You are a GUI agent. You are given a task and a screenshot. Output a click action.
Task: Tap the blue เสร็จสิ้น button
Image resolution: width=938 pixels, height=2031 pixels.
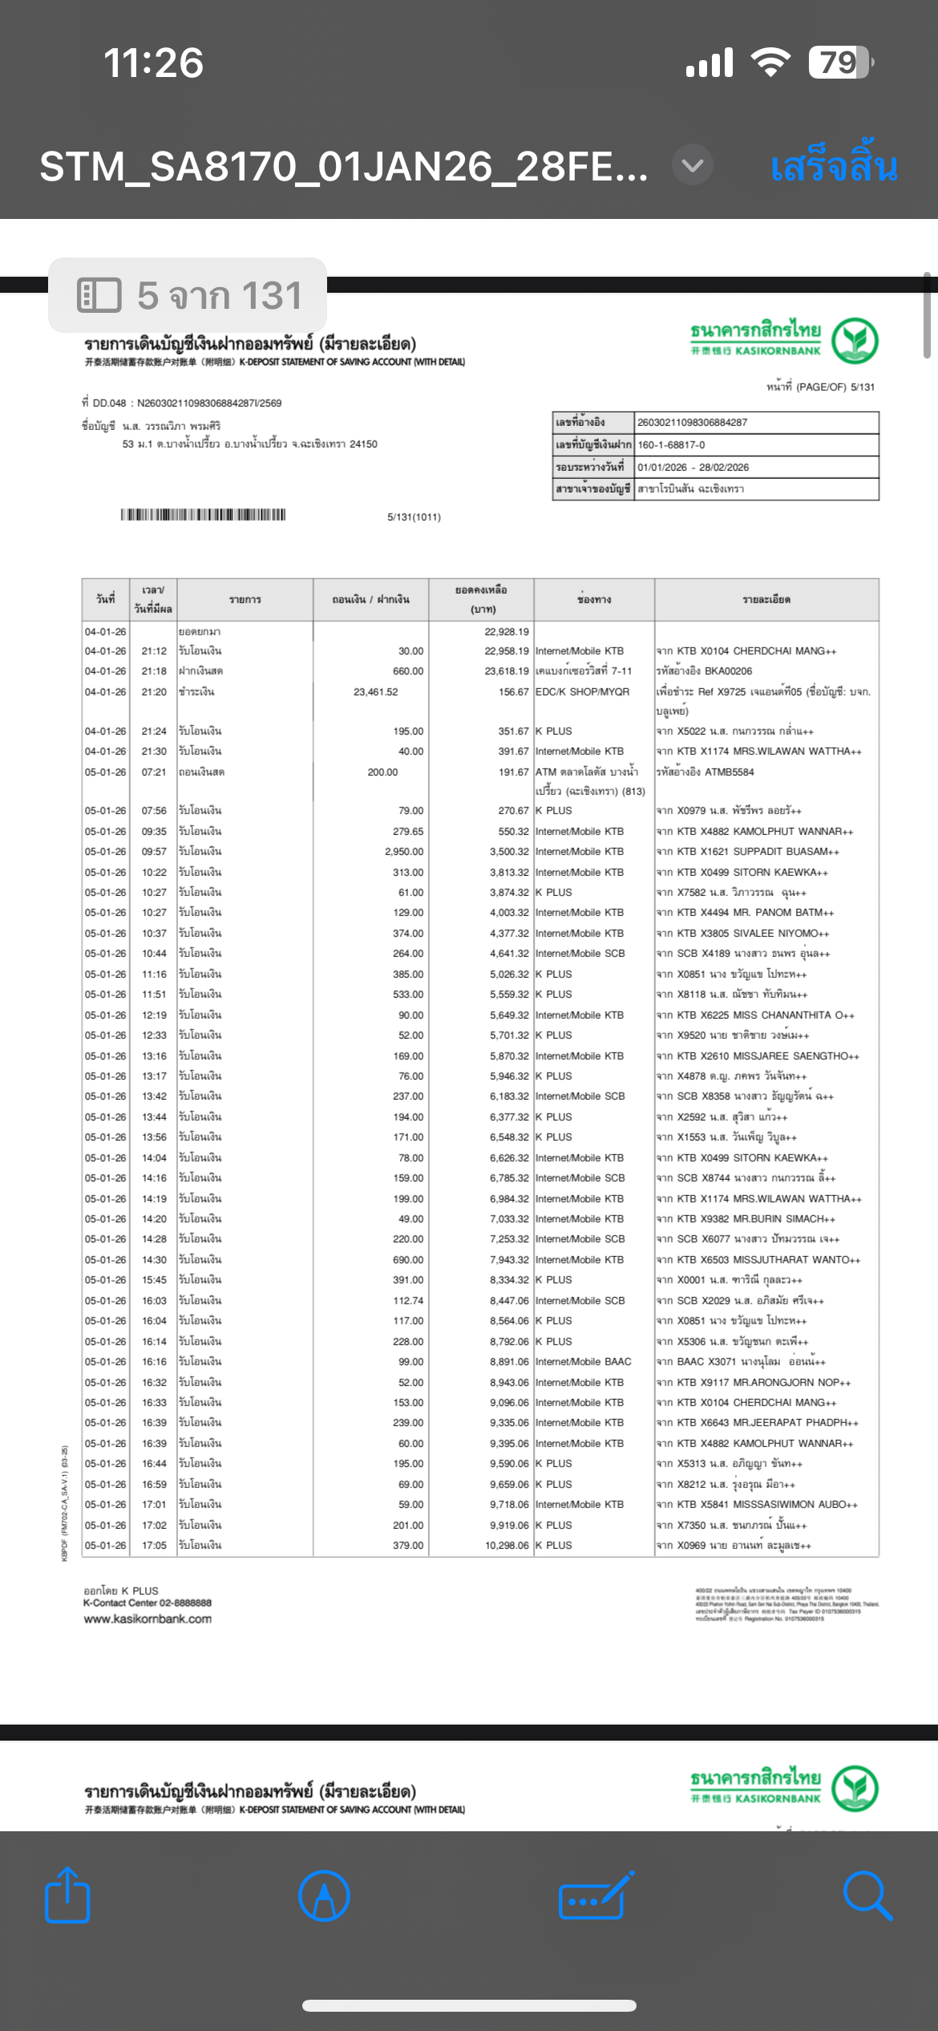pos(833,167)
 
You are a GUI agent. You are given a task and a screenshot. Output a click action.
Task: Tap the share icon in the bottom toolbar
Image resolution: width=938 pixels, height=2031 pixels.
pos(67,1895)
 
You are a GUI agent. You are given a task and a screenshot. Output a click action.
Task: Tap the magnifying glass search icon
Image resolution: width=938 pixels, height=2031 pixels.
pos(867,1895)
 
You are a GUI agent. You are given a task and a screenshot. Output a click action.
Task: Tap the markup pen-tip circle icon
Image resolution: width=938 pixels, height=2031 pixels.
pos(324,1895)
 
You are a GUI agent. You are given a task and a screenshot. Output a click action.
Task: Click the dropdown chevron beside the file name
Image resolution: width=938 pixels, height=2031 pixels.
pos(693,165)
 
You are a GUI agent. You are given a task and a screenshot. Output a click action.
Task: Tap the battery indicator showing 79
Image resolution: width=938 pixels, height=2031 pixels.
pos(839,63)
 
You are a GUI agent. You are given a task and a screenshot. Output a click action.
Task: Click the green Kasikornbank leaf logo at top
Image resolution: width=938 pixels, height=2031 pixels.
pos(855,340)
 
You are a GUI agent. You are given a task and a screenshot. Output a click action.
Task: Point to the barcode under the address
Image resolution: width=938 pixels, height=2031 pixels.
pos(203,515)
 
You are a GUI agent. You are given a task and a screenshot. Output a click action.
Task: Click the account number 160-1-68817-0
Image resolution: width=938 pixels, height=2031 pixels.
pos(671,444)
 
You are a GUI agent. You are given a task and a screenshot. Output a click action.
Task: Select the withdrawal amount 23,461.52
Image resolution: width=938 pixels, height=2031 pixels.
pos(375,691)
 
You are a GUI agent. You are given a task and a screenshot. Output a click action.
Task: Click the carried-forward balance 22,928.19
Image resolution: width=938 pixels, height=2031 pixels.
pos(506,631)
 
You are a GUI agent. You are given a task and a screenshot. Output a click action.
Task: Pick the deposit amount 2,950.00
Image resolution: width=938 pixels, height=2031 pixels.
pos(404,851)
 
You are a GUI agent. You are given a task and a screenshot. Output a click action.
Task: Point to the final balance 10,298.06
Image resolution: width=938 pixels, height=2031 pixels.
pos(507,1545)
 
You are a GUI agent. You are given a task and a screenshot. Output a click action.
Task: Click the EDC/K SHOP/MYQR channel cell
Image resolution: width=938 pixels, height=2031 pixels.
pos(582,691)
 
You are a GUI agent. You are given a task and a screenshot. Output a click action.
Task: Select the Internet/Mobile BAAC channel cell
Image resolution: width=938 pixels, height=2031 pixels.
pos(583,1361)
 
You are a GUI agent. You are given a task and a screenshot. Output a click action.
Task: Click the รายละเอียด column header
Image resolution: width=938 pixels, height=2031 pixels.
pos(766,599)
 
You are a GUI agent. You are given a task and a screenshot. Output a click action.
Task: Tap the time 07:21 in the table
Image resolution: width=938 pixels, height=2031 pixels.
pos(154,772)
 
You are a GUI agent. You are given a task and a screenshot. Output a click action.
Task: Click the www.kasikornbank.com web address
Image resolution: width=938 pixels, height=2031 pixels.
pos(148,1619)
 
